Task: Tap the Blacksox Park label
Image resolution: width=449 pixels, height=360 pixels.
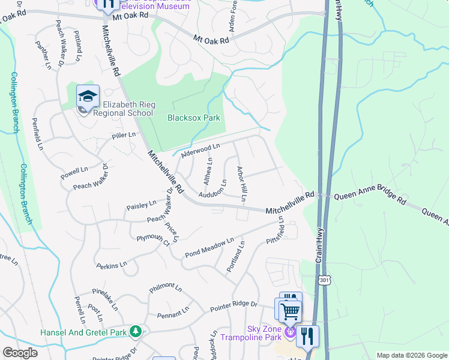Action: point(193,118)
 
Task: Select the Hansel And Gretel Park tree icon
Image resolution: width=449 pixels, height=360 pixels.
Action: point(136,331)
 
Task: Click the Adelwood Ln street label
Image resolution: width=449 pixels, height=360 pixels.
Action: point(200,147)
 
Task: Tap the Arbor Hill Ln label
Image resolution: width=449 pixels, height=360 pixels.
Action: point(243,184)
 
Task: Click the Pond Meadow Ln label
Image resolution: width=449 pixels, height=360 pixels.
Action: point(209,247)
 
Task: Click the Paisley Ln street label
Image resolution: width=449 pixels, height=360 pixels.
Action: point(141,206)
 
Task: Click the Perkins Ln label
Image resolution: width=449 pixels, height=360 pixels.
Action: point(112,263)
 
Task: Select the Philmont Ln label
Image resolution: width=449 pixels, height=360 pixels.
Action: point(165,287)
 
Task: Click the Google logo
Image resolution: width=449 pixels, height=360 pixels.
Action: point(20,353)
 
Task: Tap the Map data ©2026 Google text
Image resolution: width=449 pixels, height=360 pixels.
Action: point(411,355)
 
